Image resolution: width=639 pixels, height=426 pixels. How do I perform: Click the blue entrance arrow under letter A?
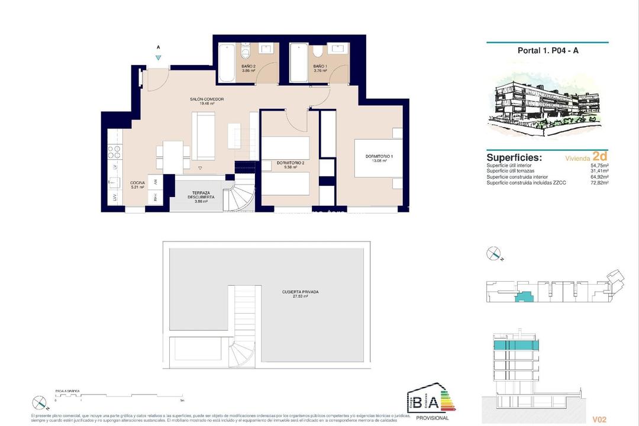[x=158, y=57]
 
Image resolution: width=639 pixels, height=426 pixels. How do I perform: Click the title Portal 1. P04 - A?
[x=547, y=51]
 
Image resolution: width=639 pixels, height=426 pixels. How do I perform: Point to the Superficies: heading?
[x=514, y=158]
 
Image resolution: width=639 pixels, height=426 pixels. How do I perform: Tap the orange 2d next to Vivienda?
[x=600, y=157]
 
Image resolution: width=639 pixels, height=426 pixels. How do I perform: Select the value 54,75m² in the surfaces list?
[x=600, y=166]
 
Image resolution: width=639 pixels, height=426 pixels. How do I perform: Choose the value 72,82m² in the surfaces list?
[x=600, y=183]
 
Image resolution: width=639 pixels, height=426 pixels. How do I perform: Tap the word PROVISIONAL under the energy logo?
[x=433, y=418]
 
